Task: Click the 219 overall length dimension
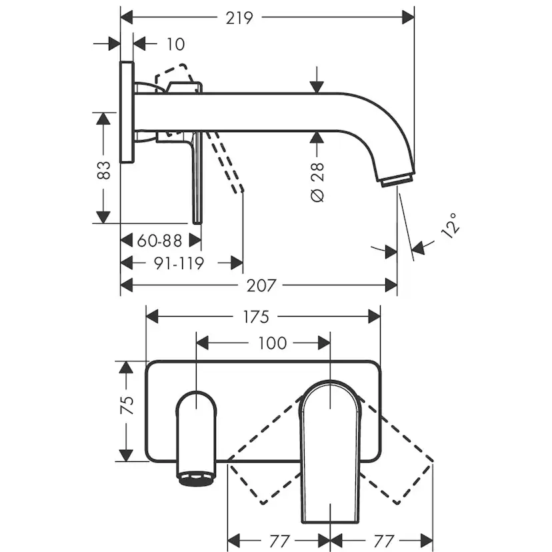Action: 239,18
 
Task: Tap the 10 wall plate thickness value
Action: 175,45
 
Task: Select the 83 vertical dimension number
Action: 103,170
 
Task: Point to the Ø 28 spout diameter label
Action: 317,182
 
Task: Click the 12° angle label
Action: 450,225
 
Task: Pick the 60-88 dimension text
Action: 159,241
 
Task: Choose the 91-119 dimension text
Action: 179,263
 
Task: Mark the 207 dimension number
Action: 261,285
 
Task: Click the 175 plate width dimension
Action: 256,317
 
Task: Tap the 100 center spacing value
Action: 273,343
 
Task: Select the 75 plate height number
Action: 127,405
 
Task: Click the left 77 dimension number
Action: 279,541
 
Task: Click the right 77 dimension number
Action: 383,541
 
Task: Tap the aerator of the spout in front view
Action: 197,479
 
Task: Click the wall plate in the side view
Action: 127,112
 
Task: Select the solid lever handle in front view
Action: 330,451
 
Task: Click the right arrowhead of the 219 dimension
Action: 408,17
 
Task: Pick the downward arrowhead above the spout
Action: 317,87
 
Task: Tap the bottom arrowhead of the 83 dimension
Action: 103,217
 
